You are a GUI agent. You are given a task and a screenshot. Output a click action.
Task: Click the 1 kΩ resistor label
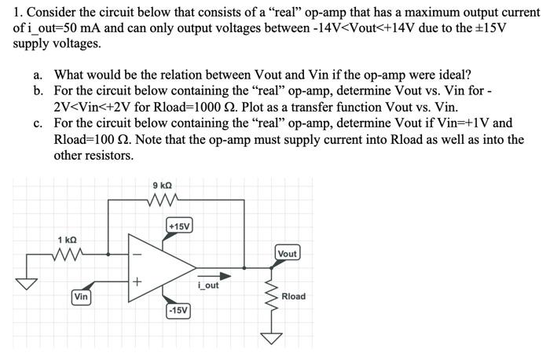click(x=67, y=239)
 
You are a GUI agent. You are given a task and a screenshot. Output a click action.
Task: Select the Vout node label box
click(x=288, y=253)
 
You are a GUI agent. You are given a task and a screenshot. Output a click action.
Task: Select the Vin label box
click(x=80, y=297)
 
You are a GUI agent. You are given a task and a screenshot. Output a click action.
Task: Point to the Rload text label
click(x=293, y=296)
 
